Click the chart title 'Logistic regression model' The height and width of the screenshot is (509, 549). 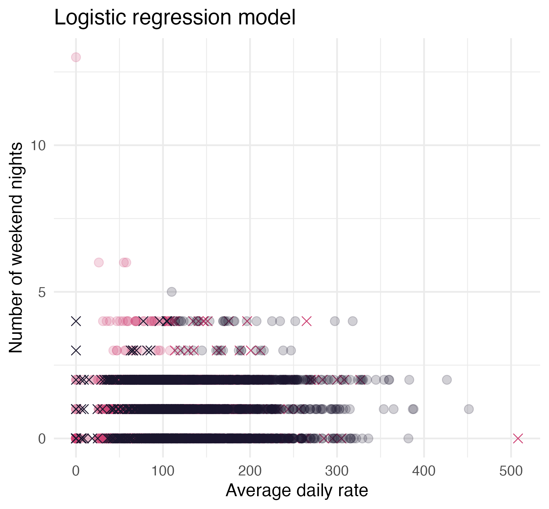[x=174, y=17]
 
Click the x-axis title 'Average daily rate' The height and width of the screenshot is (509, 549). [x=297, y=491]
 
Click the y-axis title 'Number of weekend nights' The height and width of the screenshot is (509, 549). [x=16, y=247]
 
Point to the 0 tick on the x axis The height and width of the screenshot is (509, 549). [x=76, y=471]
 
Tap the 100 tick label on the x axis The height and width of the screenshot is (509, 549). [x=163, y=471]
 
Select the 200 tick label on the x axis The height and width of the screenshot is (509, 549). [x=250, y=471]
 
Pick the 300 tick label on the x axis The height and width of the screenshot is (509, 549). [x=337, y=471]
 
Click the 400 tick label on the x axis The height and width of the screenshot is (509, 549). [x=424, y=471]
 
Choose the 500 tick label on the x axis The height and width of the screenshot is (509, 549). [x=511, y=471]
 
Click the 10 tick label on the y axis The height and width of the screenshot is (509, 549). [x=38, y=146]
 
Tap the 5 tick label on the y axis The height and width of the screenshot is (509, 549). [x=42, y=292]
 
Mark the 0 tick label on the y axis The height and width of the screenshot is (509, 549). [x=42, y=439]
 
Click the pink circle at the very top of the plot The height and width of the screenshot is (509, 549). [x=76, y=57]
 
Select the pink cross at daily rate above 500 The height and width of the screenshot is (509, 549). [x=518, y=439]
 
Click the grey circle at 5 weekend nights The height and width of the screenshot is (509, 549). [x=172, y=292]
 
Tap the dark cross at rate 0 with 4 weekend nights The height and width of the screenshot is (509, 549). [x=76, y=321]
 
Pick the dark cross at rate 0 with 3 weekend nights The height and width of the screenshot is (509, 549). [x=76, y=350]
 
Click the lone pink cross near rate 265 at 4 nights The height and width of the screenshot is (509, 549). [x=307, y=321]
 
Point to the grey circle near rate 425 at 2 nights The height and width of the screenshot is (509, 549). [x=447, y=380]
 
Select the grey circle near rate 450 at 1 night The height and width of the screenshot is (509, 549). [x=468, y=409]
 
